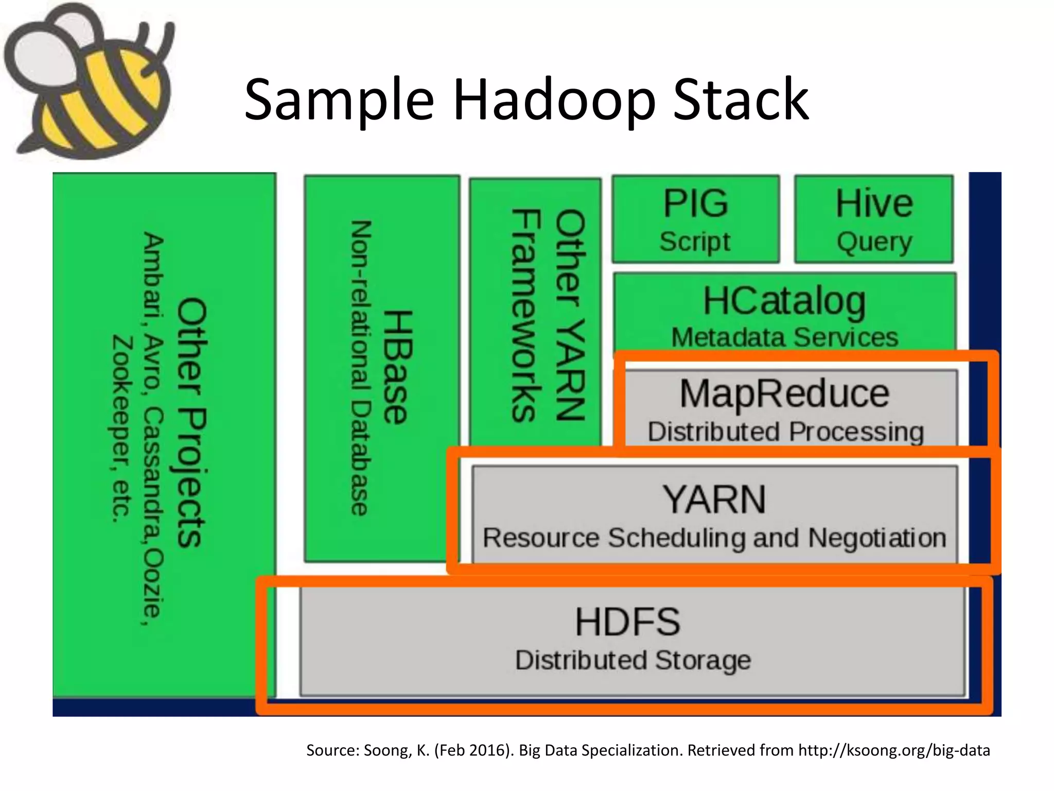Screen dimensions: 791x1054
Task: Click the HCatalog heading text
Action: (784, 301)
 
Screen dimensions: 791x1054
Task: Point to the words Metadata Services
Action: (784, 338)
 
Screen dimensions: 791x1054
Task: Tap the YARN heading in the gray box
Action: (714, 500)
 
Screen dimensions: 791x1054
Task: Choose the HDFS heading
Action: (627, 622)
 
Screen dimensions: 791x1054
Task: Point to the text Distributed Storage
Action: (633, 660)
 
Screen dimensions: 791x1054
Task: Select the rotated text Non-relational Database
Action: (361, 368)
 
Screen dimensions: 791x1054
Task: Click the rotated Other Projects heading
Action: (192, 422)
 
